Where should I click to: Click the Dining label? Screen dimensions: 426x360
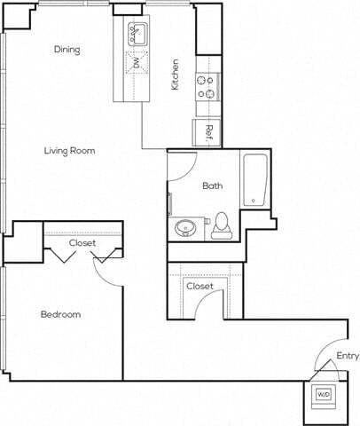[67, 50]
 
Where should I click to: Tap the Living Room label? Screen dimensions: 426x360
[69, 151]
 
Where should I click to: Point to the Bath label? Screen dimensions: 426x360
[212, 185]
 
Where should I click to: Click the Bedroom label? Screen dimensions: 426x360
[60, 314]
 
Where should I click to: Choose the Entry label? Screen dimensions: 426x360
[347, 357]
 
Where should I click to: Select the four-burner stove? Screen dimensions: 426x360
[208, 85]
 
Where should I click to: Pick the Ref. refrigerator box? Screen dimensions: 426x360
[208, 132]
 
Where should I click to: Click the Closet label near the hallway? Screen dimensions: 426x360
[200, 286]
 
